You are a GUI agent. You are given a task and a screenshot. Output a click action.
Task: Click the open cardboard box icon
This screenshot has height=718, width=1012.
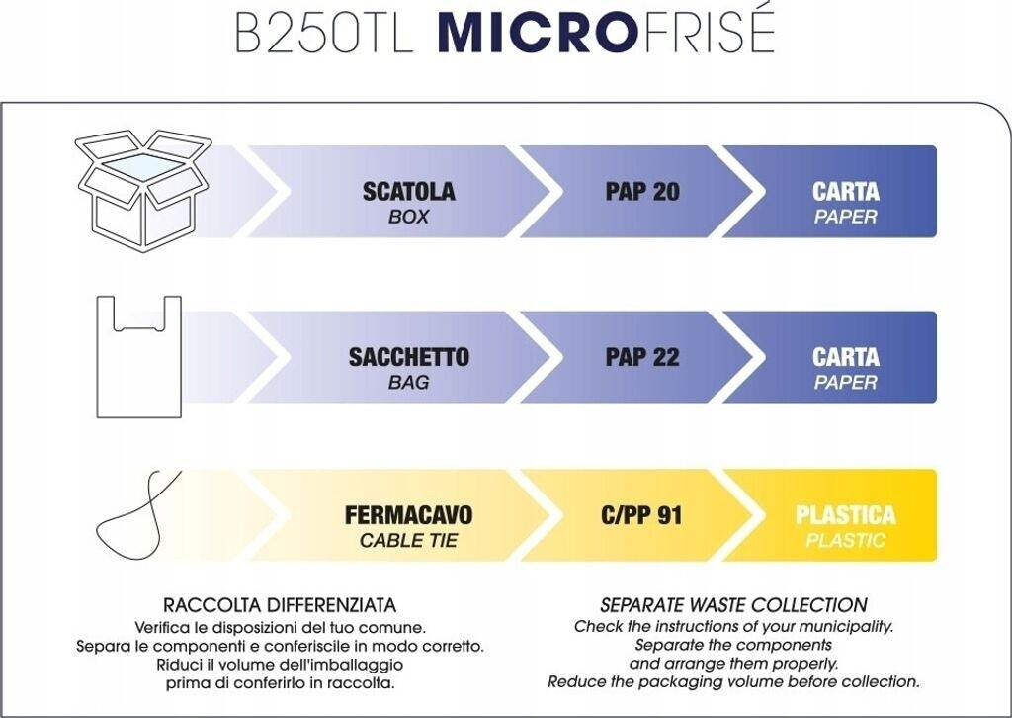(x=143, y=191)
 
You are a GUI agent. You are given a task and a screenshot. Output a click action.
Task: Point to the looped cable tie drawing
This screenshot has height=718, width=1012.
(x=137, y=516)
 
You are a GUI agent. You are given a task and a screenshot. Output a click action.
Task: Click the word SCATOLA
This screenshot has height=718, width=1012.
(x=408, y=192)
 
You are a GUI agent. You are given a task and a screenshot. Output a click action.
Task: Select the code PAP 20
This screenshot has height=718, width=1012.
(x=642, y=192)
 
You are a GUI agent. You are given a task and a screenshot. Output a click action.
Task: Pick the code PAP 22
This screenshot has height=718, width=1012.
(x=642, y=357)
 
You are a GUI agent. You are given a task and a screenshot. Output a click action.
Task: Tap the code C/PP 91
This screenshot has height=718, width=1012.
(x=640, y=515)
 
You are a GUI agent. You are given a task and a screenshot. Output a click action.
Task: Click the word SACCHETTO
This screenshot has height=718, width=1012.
(x=408, y=357)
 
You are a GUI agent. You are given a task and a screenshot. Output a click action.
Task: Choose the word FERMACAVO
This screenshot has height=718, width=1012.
(x=408, y=515)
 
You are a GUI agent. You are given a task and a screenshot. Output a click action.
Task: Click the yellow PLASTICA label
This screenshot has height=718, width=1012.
(x=846, y=515)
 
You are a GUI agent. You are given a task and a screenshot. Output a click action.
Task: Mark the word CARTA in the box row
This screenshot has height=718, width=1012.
(x=846, y=192)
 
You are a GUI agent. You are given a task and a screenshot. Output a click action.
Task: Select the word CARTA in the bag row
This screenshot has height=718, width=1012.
(x=846, y=357)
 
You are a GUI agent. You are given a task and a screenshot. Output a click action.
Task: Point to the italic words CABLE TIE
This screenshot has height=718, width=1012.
(x=408, y=540)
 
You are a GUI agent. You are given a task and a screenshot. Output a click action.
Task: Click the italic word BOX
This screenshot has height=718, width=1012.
(x=408, y=217)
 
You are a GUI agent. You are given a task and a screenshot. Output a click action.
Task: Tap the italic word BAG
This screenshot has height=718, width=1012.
(x=408, y=383)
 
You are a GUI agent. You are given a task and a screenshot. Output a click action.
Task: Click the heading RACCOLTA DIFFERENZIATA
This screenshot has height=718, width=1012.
(x=280, y=605)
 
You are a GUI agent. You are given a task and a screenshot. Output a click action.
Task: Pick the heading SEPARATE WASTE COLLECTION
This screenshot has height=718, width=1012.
(x=734, y=605)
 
